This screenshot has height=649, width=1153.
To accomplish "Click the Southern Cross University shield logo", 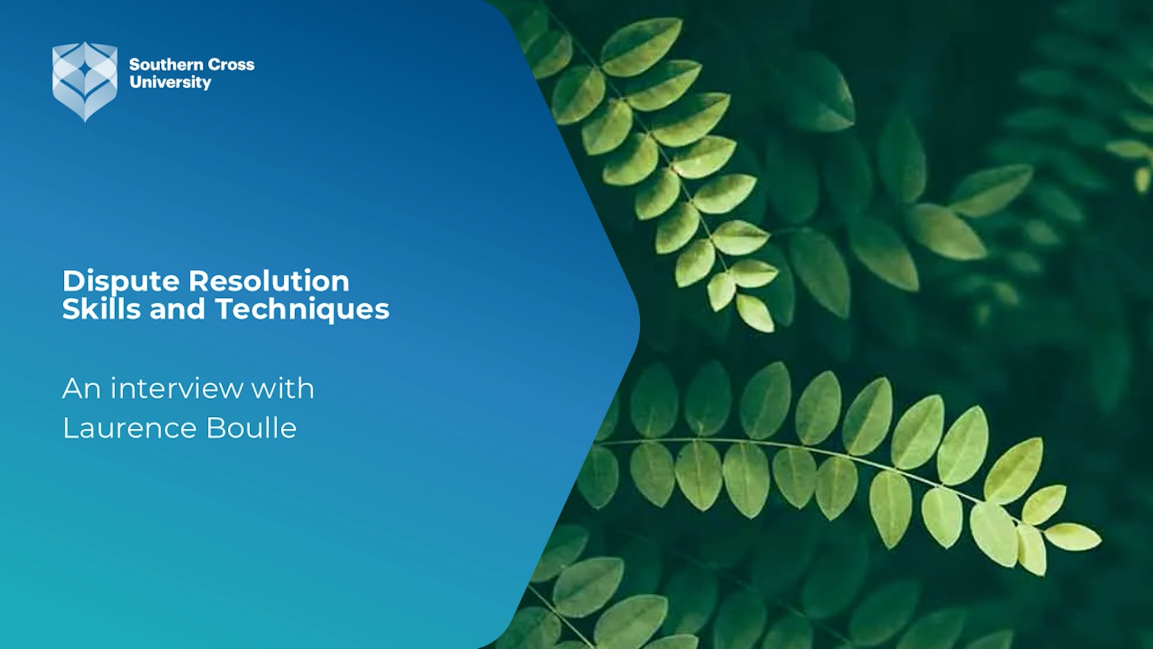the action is point(85,81).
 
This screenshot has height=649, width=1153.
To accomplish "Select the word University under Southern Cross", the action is point(170,83).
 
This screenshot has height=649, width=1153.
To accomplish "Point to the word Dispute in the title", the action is point(121,282).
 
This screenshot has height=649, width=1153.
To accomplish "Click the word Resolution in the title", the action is point(269,281).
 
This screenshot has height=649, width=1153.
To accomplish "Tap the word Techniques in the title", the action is point(302,310).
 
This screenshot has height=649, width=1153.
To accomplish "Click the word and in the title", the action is point(178,309).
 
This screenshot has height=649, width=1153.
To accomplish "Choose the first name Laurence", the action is point(130,428).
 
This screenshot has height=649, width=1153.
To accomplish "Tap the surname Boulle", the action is point(251,428).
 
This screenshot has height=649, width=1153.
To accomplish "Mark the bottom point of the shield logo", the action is point(85,122).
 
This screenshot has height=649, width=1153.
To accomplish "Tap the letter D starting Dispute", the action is point(73,281).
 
